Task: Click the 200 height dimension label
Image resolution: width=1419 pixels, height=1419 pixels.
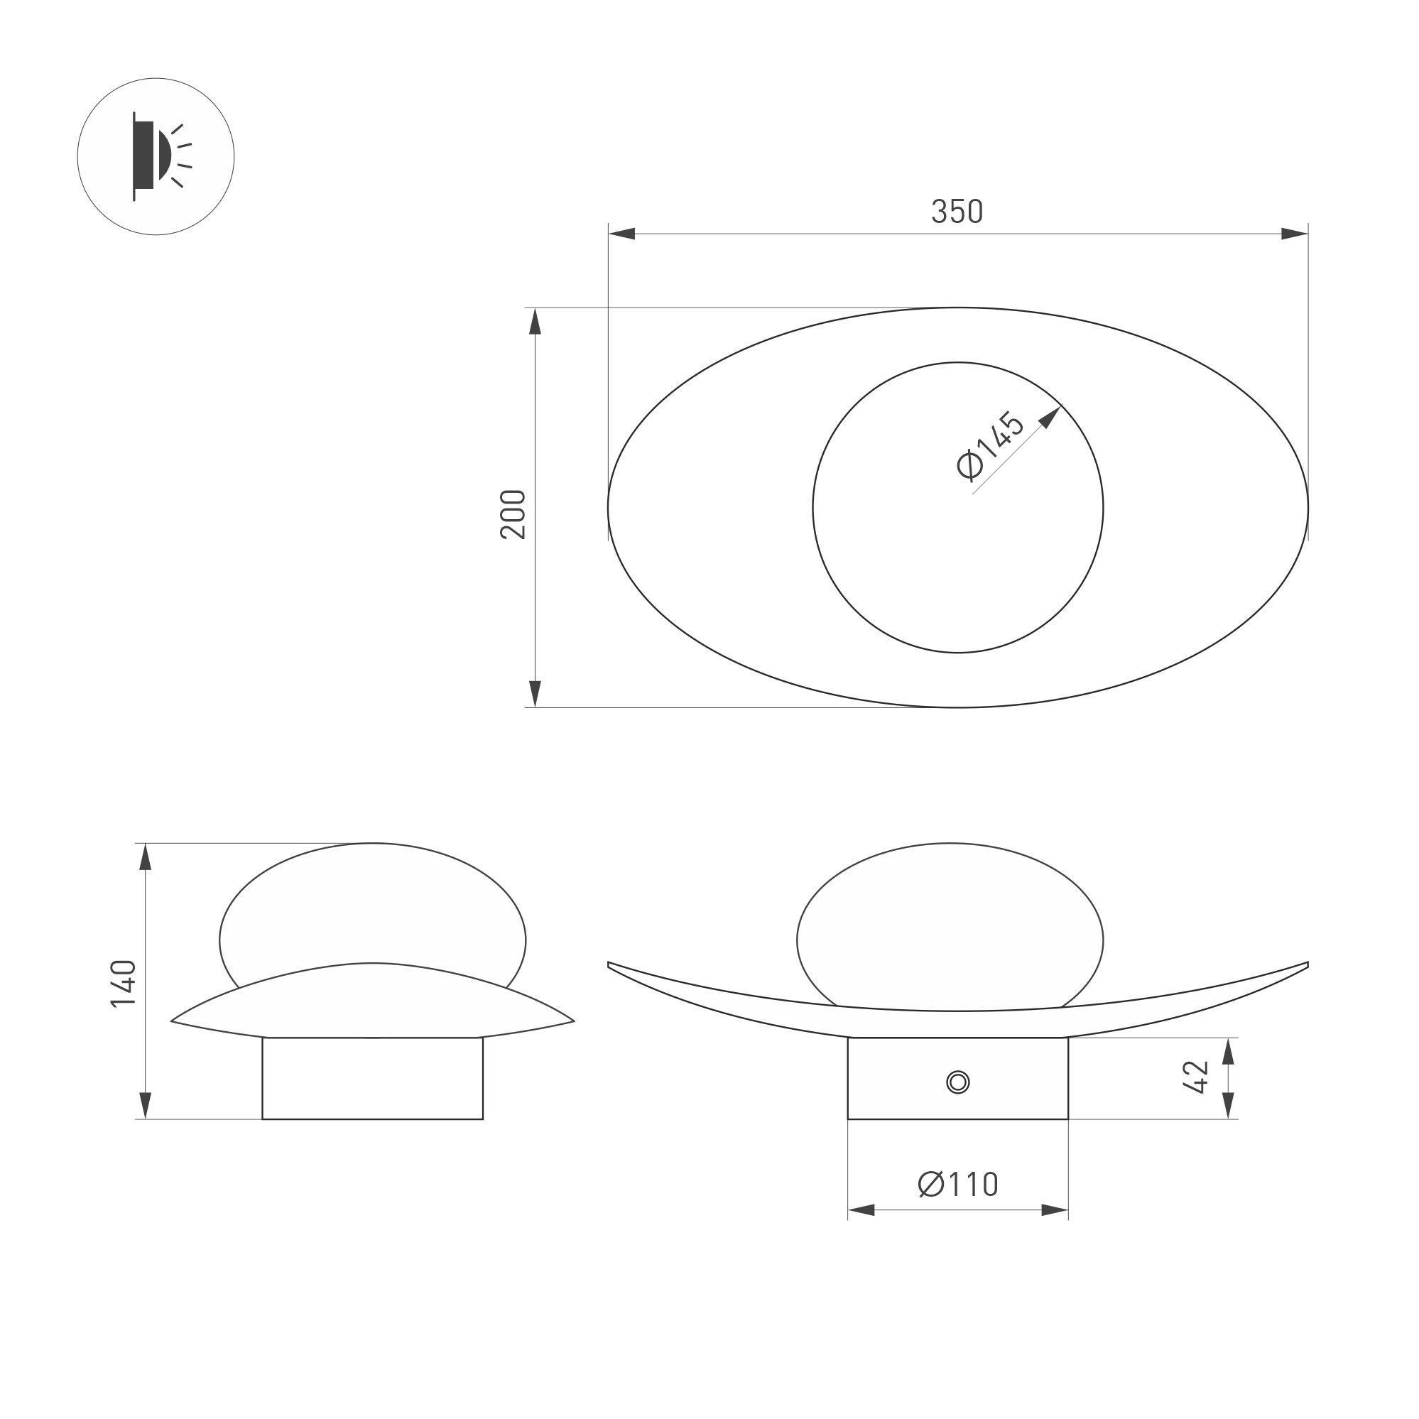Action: tap(513, 514)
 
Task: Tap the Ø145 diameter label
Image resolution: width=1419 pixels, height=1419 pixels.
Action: tap(991, 447)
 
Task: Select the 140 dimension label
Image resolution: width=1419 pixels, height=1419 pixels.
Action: tap(124, 984)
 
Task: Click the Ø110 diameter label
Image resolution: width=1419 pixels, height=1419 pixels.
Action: tap(958, 1184)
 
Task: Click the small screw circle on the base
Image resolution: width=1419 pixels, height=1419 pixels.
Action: tap(958, 1082)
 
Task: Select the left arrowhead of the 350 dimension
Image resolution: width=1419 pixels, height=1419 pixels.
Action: tap(621, 234)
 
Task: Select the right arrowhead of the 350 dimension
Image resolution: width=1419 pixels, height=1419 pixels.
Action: tap(1295, 234)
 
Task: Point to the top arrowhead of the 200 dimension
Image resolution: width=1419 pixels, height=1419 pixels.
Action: tap(535, 321)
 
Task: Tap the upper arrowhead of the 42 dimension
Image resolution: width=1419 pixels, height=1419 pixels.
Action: tap(1228, 1051)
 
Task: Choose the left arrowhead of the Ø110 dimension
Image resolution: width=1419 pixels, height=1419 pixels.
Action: tap(861, 1209)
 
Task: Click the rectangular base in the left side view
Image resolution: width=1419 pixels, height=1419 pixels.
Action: tap(372, 1078)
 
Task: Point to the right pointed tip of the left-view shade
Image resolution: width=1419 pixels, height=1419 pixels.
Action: tap(572, 1021)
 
